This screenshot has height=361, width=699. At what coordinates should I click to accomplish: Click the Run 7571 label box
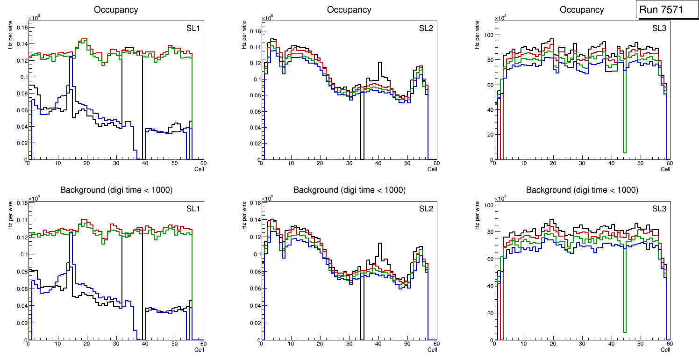(x=664, y=9)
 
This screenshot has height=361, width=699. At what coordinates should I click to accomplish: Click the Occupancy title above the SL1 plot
(x=116, y=9)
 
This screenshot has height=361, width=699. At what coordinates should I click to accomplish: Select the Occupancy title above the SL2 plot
(x=349, y=9)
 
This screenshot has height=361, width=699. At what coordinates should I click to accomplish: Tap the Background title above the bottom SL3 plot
(x=582, y=190)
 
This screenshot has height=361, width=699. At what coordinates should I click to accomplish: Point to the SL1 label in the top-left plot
(x=193, y=28)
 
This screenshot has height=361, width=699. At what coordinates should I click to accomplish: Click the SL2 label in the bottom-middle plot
(x=426, y=209)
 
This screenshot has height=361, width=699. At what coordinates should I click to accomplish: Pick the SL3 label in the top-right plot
(x=659, y=28)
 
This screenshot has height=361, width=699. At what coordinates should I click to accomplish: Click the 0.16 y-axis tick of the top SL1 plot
(x=21, y=28)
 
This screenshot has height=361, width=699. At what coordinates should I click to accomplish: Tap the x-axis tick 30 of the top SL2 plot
(x=349, y=163)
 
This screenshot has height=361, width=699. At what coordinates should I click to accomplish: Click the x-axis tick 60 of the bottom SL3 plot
(x=669, y=344)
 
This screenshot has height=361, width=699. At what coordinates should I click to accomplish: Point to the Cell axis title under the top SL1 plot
(x=199, y=169)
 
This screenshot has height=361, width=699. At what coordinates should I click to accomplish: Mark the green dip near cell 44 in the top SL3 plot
(x=624, y=150)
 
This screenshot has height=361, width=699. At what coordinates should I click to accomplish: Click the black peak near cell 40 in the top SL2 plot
(x=380, y=63)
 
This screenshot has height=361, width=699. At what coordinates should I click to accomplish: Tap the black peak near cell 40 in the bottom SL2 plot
(x=380, y=244)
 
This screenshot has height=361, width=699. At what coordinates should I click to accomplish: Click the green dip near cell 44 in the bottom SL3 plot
(x=624, y=330)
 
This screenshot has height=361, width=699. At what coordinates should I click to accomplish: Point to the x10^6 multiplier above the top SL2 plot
(x=267, y=18)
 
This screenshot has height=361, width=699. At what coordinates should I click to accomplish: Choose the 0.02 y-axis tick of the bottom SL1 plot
(x=21, y=323)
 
